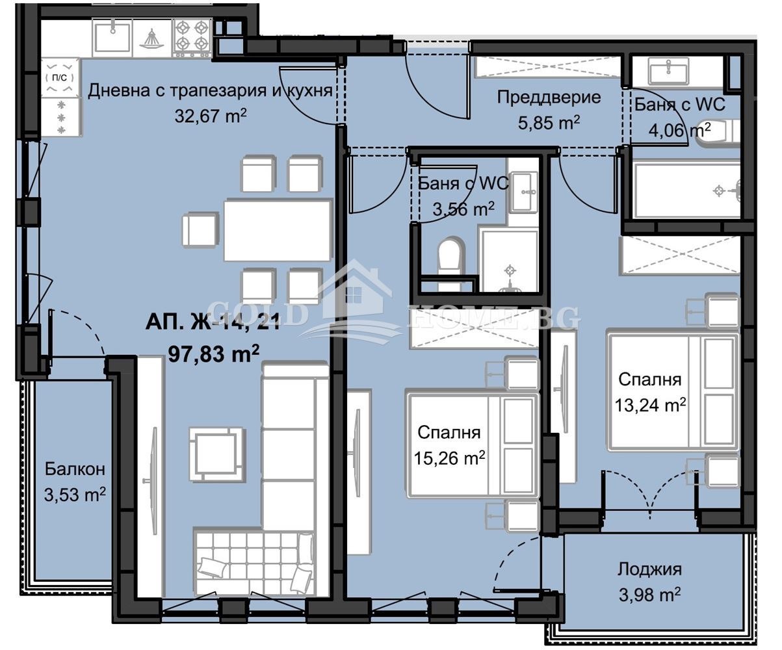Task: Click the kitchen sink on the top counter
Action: pos(112,37)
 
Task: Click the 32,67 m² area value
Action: pos(210,116)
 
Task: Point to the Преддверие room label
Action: pos(548,97)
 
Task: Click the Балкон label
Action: pos(75,469)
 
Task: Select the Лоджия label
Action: pos(649,569)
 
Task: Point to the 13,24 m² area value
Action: pos(650,405)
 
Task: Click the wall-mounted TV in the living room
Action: pos(151,481)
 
